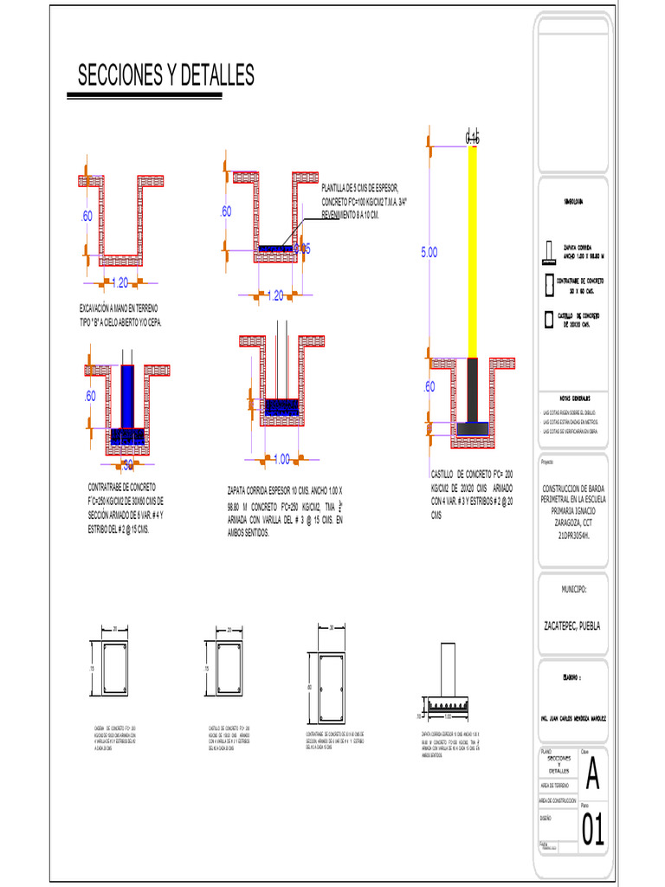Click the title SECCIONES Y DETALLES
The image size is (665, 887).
click(166, 76)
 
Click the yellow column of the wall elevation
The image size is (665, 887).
click(473, 251)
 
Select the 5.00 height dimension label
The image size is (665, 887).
click(430, 253)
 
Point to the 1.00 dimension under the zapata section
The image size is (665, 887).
click(281, 459)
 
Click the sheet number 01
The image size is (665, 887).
click(592, 830)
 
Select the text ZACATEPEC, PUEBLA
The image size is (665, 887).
click(571, 625)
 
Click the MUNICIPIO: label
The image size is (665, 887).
click(573, 589)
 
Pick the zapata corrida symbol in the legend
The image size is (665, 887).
click(547, 253)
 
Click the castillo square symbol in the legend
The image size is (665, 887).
click(547, 319)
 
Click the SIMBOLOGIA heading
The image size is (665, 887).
click(573, 201)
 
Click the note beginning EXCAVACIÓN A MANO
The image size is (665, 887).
click(119, 314)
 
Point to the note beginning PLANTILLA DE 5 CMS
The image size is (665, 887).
click(364, 201)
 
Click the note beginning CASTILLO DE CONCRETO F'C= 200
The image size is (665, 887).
click(473, 494)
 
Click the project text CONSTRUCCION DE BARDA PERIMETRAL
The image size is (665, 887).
click(573, 511)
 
